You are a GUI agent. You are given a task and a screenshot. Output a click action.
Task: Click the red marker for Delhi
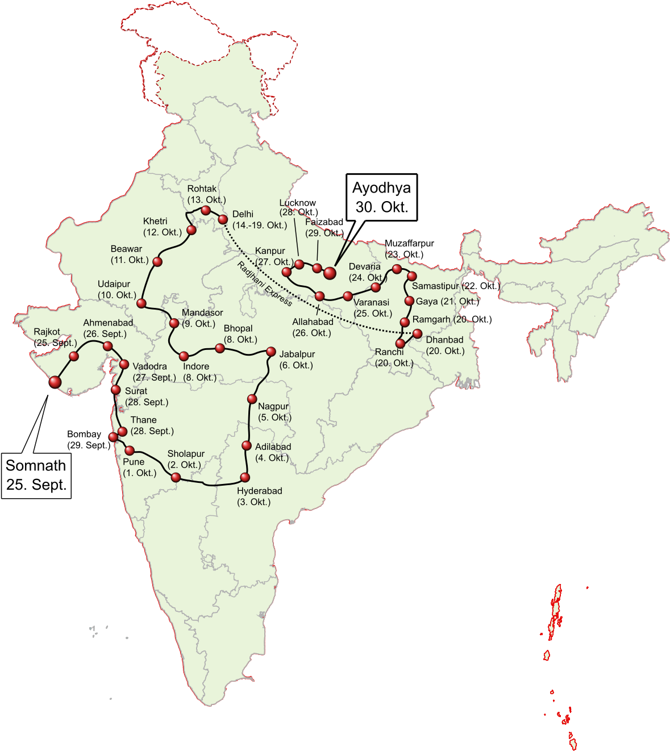223,219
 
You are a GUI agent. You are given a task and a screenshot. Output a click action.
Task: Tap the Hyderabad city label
259,491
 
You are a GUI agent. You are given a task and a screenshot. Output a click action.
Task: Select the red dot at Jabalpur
271,352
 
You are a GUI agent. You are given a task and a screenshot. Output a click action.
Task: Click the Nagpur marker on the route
252,399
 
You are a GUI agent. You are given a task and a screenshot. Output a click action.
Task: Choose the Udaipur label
114,284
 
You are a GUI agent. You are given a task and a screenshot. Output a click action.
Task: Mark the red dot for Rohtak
206,210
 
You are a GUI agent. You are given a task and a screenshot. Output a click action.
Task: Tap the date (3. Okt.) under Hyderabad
253,502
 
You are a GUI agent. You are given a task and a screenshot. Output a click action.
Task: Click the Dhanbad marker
417,333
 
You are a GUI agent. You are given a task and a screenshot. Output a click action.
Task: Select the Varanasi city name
371,302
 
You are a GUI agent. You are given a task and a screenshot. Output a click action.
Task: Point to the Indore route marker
184,356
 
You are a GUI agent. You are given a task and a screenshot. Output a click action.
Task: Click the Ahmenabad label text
108,323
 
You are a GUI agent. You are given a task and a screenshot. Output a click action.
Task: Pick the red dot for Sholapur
176,478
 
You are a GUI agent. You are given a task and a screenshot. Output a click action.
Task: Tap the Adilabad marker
246,445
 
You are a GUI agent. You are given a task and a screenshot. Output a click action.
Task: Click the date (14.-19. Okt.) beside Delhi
260,225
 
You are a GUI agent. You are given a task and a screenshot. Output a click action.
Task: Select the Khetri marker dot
192,230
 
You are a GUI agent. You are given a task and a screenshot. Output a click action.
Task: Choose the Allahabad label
313,322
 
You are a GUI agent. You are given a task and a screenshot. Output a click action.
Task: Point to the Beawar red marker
158,261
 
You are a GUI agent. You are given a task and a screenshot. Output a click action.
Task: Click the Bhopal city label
238,328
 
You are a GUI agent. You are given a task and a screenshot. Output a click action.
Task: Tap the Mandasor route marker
174,323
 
